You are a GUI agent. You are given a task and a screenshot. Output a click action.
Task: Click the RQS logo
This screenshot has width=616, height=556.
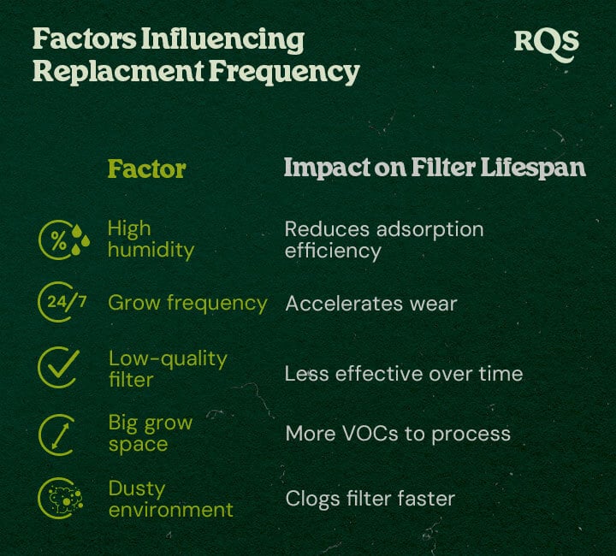coord(546,41)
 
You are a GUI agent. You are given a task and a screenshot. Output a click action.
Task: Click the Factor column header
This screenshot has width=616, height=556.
coord(146,168)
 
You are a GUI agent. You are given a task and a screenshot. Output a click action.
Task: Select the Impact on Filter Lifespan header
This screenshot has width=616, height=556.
coord(435,168)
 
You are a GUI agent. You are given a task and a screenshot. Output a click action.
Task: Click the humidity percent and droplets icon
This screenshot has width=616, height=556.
coord(62,240)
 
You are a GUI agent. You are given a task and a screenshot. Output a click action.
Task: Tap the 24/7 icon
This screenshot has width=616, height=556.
coord(62,303)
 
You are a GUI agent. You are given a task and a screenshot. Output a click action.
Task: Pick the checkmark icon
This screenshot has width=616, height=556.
coord(59,368)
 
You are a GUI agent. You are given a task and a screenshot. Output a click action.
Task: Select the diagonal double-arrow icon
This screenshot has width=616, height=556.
coord(59,435)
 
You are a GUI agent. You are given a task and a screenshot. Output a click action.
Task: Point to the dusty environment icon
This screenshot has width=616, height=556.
coord(59,499)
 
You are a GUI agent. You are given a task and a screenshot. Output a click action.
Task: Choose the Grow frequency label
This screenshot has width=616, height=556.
coord(187,303)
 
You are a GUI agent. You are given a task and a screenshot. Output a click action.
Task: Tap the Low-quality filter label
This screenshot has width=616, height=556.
coord(167,369)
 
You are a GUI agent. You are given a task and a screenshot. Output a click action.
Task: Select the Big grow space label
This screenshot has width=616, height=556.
coord(150,434)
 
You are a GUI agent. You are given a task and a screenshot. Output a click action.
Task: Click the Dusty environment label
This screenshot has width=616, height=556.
coord(170,499)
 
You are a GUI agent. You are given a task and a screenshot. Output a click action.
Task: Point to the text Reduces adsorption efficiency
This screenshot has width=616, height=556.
coord(383,240)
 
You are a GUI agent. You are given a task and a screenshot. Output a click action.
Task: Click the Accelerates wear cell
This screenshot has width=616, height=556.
coord(370,304)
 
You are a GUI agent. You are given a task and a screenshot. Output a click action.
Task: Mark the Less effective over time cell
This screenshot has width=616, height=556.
coord(403,374)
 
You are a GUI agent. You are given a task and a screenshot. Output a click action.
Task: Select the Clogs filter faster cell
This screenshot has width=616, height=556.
coord(370,499)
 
